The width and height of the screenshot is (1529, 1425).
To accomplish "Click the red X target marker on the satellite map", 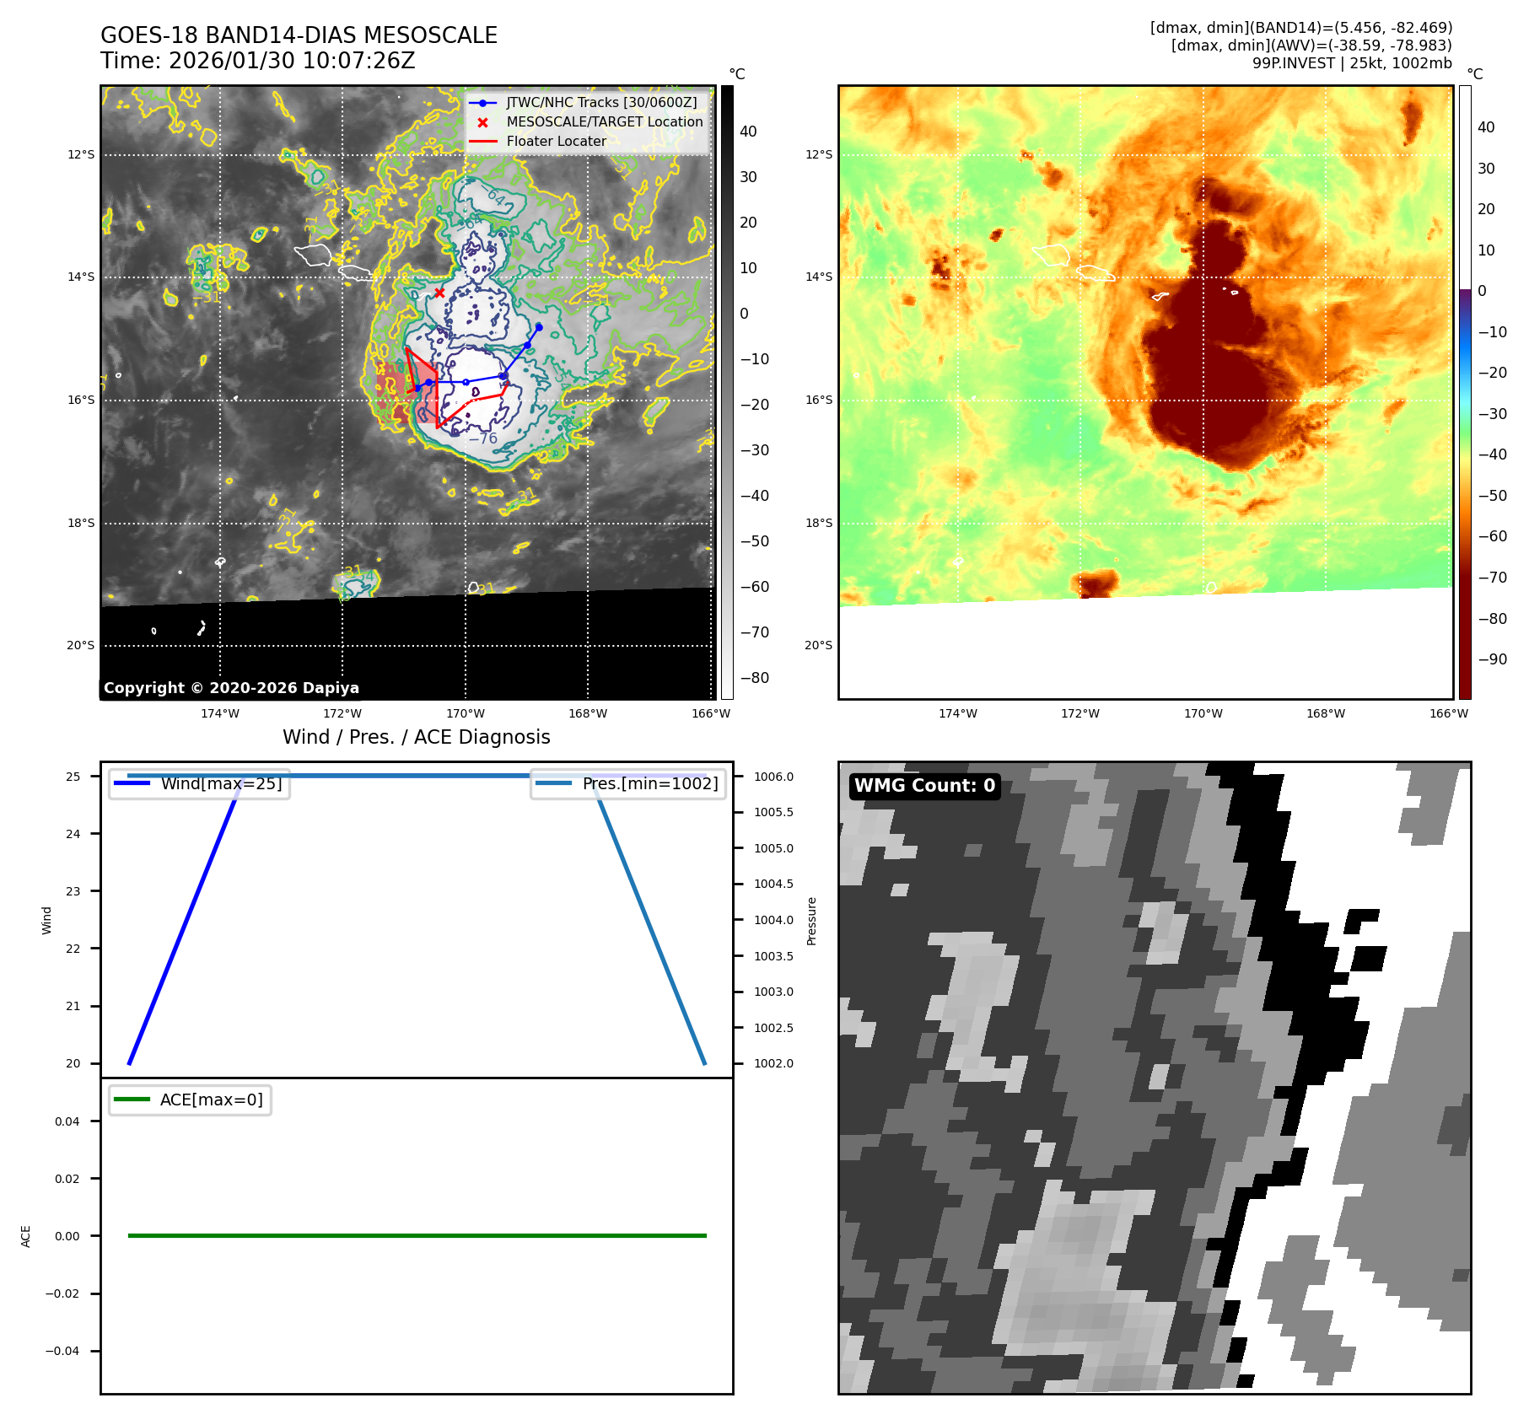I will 439,293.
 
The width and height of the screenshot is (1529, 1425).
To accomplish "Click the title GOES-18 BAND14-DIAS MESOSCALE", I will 299,35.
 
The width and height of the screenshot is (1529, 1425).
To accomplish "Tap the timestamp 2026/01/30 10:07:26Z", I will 291,61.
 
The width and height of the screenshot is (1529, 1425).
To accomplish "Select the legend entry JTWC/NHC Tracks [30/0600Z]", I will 601,102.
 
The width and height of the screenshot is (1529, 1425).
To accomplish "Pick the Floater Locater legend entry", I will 556,141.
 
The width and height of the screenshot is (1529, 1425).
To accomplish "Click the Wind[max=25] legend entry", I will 221,783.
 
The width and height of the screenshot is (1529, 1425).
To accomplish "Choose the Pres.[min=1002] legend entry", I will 649,783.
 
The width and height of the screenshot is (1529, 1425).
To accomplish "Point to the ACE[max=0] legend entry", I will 211,1100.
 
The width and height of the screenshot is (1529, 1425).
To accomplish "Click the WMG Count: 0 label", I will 924,786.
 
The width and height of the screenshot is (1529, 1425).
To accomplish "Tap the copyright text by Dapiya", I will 231,688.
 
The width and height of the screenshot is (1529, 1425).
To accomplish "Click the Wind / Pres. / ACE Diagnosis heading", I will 416,737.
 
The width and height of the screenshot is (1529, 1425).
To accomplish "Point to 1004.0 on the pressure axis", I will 773,920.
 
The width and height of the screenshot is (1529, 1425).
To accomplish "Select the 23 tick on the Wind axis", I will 73,891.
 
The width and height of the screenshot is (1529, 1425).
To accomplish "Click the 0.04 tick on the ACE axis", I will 67,1121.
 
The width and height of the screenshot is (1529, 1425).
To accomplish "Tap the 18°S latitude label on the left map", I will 81,523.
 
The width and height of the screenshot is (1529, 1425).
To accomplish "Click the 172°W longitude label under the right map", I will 1080,713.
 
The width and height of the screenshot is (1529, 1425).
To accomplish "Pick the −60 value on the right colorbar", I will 1491,536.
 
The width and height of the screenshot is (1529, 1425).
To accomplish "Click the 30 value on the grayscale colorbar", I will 748,177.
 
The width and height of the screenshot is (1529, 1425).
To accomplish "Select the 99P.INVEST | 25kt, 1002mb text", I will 1352,63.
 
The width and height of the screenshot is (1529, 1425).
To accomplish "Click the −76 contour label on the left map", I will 483,438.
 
